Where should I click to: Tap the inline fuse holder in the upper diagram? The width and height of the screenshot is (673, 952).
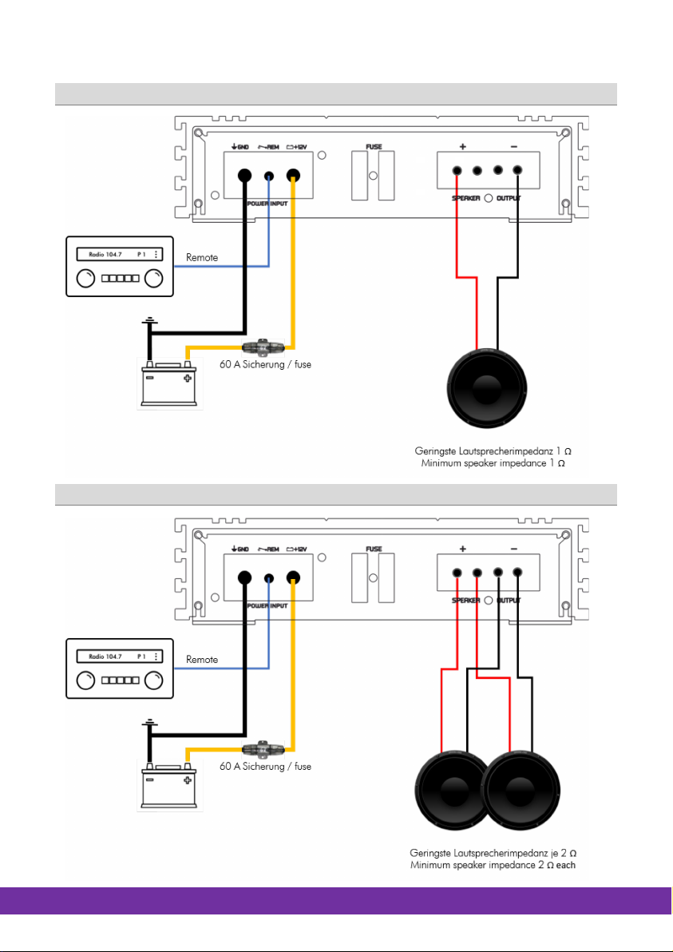pos(260,347)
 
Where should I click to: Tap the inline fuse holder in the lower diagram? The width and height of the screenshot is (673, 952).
pos(260,750)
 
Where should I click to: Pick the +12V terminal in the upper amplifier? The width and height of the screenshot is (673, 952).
pos(295,177)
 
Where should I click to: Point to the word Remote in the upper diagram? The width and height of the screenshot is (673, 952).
pos(203,258)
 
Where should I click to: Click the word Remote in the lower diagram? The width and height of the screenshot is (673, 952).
pos(203,660)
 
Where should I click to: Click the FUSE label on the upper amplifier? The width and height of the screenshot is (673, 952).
pos(374,147)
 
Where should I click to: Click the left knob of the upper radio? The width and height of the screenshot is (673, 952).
pos(84,280)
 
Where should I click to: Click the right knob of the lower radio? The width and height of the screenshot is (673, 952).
pos(154,680)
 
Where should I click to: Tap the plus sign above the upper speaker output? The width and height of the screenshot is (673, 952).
pos(463,147)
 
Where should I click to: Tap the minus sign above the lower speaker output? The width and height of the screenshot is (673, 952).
pos(513,549)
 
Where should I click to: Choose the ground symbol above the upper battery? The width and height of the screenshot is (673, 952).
pos(147,322)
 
